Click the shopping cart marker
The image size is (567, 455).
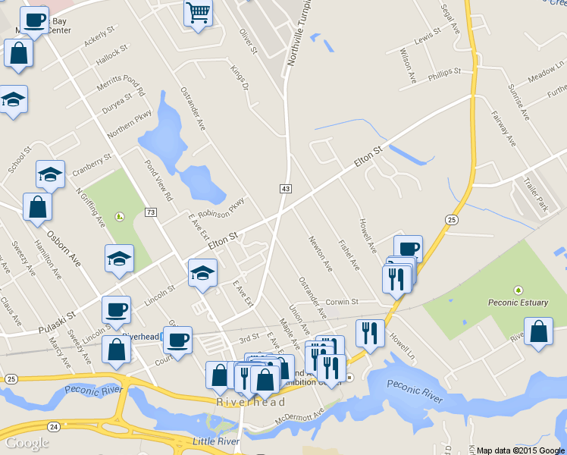pyautogui.click(x=198, y=12)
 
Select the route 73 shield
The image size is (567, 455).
pyautogui.click(x=151, y=212)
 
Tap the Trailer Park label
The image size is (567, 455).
pyautogui.click(x=534, y=194)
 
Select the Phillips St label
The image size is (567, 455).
pyautogui.click(x=444, y=72)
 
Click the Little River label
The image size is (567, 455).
pyautogui.click(x=215, y=441)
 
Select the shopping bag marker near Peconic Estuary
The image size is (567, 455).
pyautogui.click(x=538, y=332)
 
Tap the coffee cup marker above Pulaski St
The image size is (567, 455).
pyautogui.click(x=116, y=309)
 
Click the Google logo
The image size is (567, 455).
pyautogui.click(x=27, y=443)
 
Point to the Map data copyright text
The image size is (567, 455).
pyautogui.click(x=521, y=450)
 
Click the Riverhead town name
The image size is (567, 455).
pyautogui.click(x=240, y=402)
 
